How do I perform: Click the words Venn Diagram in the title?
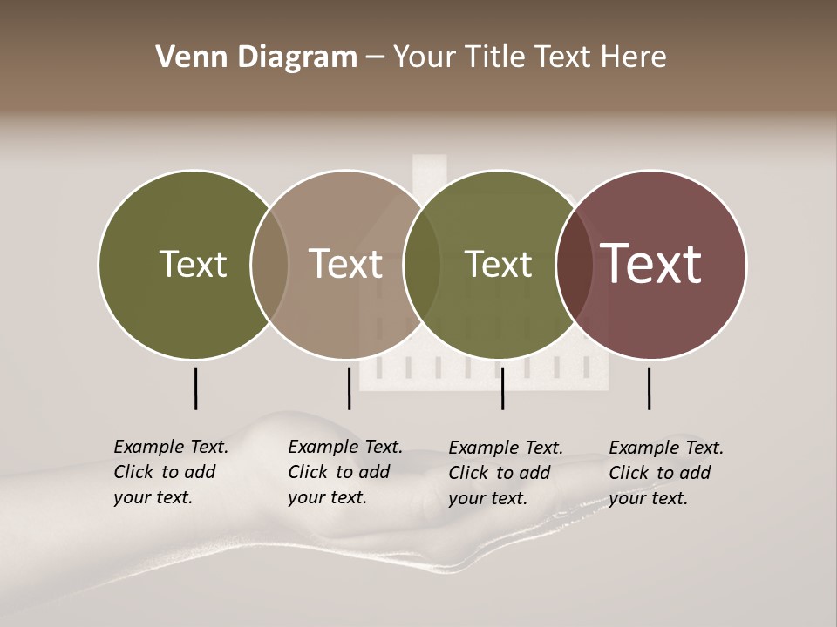(256, 57)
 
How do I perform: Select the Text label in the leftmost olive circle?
(193, 264)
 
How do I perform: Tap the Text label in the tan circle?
(345, 264)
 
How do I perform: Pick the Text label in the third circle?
(498, 264)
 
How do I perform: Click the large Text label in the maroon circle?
(651, 264)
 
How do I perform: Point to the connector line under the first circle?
(195, 388)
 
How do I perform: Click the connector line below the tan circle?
(349, 388)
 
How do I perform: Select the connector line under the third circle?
(502, 388)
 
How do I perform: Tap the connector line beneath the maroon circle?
(649, 388)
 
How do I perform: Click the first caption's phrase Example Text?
(171, 447)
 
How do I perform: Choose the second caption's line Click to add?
(338, 472)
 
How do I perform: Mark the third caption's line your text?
(488, 498)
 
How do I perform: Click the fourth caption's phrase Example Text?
(666, 448)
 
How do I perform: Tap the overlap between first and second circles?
(269, 264)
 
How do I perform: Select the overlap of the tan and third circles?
(422, 264)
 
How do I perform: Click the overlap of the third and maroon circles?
(573, 264)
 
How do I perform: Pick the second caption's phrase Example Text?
(345, 447)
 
